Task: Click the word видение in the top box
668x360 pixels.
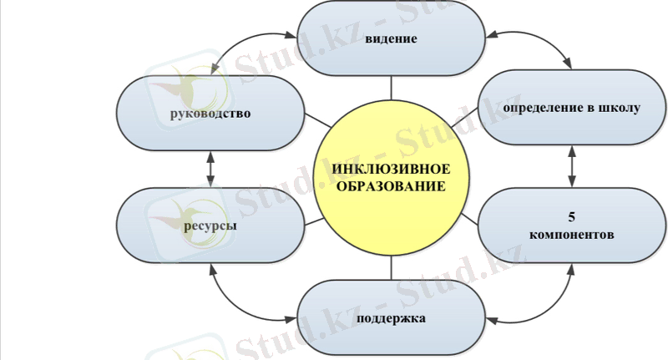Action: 391,39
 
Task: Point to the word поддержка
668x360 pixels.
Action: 391,318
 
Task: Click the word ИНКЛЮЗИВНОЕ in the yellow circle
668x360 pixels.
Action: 391,170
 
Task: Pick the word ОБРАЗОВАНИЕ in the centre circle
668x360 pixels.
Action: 391,186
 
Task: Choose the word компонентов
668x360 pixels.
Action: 571,235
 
